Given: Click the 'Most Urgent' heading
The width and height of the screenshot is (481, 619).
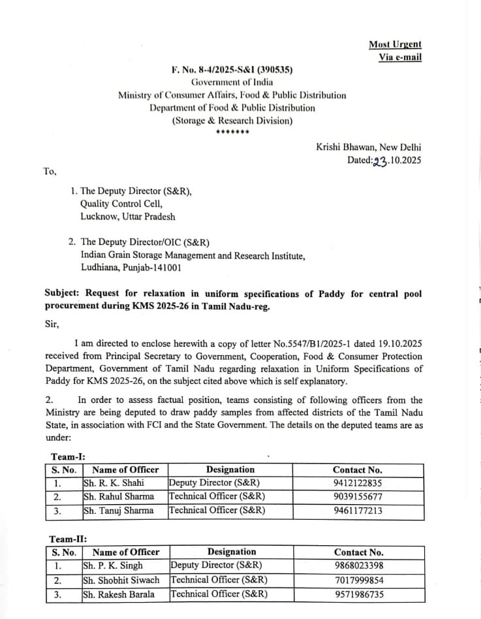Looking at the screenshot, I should pyautogui.click(x=395, y=44).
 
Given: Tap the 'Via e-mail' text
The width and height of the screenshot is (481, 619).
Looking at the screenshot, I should pyautogui.click(x=400, y=57).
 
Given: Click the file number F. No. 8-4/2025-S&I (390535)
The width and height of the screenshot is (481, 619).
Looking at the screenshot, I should pyautogui.click(x=232, y=69).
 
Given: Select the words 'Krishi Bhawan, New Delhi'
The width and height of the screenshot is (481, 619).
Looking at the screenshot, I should pyautogui.click(x=369, y=148).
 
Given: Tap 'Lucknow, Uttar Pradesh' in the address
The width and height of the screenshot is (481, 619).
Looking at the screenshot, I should pyautogui.click(x=128, y=216).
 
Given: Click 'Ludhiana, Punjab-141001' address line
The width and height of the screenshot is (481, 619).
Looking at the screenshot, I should pyautogui.click(x=131, y=267).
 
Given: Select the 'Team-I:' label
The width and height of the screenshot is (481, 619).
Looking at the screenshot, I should pyautogui.click(x=68, y=457).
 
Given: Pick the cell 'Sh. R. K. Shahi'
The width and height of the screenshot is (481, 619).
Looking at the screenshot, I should pyautogui.click(x=114, y=483).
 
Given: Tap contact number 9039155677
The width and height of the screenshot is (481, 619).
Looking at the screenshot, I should pyautogui.click(x=358, y=497).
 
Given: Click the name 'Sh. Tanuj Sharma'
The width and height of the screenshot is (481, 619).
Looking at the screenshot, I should pyautogui.click(x=119, y=511).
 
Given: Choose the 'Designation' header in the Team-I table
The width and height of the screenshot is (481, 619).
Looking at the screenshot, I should pyautogui.click(x=230, y=469).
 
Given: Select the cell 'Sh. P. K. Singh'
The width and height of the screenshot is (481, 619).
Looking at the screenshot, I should pyautogui.click(x=113, y=565).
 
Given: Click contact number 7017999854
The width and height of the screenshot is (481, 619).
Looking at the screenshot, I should pyautogui.click(x=359, y=580).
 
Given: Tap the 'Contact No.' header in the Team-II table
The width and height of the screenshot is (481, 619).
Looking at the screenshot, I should pyautogui.click(x=359, y=552).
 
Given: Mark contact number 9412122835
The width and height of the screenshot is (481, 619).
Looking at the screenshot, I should pyautogui.click(x=358, y=483).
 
